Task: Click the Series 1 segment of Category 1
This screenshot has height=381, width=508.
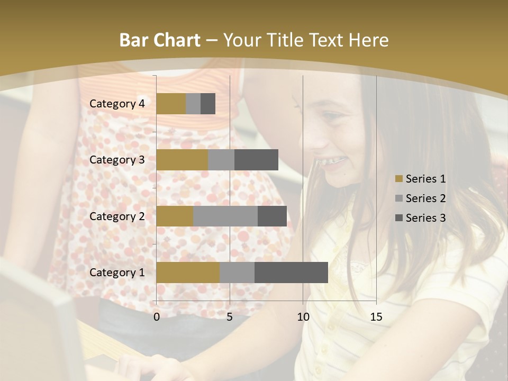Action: [188, 273]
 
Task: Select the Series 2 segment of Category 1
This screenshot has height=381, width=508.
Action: [237, 273]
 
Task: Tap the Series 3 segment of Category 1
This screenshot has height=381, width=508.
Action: [291, 273]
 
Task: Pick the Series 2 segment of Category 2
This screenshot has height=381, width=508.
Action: [225, 216]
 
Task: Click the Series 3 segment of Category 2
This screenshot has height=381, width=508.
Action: [272, 216]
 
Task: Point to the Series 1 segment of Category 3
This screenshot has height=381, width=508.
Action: [182, 160]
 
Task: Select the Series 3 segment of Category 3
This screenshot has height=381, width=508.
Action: [256, 160]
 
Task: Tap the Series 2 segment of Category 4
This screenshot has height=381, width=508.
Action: [193, 104]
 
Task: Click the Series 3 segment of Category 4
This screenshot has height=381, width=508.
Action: [208, 104]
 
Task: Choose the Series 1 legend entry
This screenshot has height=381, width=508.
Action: [420, 179]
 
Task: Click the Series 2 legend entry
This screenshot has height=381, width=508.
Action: [420, 198]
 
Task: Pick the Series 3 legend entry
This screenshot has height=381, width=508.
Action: [420, 218]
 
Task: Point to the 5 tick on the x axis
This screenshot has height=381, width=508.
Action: [230, 317]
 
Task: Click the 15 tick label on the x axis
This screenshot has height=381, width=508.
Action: [376, 317]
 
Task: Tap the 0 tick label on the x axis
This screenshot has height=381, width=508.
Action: [157, 317]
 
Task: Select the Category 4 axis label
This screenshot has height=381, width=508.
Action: [117, 104]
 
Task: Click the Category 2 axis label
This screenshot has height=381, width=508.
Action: [117, 216]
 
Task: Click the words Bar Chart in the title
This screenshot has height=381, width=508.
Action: [160, 40]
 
